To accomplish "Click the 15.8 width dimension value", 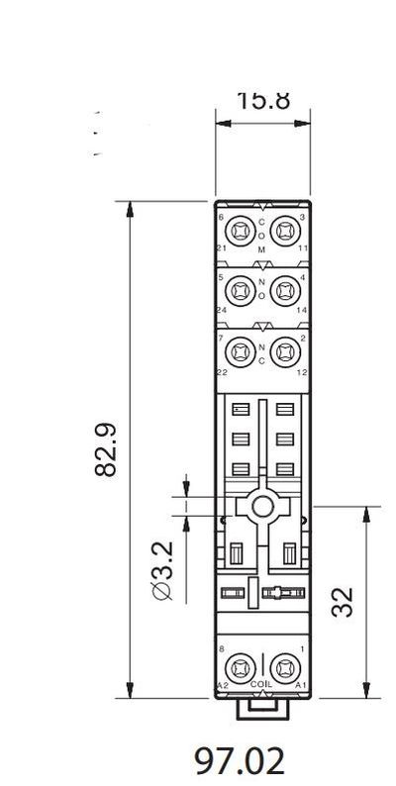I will coord(262,101).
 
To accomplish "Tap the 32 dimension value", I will coord(343,601).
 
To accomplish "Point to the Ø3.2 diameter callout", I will coord(162,571).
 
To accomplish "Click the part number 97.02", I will coord(239,761).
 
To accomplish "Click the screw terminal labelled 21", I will coord(240,232).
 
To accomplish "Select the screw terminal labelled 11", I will coord(284,232).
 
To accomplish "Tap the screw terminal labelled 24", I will coord(240,291).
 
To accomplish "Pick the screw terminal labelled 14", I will coord(284,291).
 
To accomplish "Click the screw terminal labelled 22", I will coord(240,350).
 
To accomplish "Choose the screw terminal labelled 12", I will coord(284,350).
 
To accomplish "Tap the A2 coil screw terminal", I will coord(240,666).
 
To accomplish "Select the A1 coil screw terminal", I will coord(284,666).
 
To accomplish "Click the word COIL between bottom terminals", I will coord(261,684).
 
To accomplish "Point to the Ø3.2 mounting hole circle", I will coord(261,507).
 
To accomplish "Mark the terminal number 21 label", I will coord(222,247).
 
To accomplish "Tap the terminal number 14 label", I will coord(302,309).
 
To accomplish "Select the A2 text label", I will coord(222,684).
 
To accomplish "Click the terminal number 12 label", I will coord(302,369).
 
